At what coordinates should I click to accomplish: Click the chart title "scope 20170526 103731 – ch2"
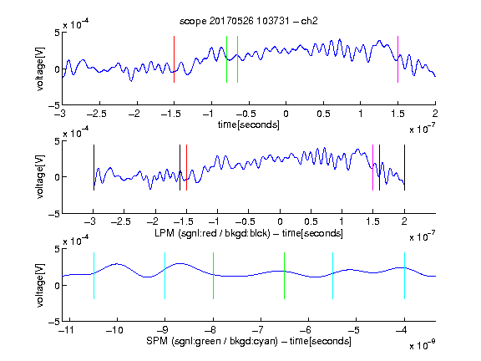pyautogui.click(x=248, y=21)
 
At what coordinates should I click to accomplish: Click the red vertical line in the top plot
pyautogui.click(x=174, y=59)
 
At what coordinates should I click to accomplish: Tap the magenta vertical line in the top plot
pyautogui.click(x=397, y=59)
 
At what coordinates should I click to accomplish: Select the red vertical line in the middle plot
pyautogui.click(x=186, y=168)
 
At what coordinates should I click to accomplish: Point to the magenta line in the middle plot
pyautogui.click(x=372, y=168)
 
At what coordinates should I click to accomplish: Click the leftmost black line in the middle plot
pyautogui.click(x=94, y=168)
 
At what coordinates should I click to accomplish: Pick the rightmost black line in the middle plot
pyautogui.click(x=404, y=168)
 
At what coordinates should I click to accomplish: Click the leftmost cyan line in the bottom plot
pyautogui.click(x=94, y=276)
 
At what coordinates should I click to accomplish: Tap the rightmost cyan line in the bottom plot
pyautogui.click(x=404, y=276)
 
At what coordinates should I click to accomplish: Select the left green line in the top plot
pyautogui.click(x=226, y=59)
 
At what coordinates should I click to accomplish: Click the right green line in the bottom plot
pyautogui.click(x=285, y=276)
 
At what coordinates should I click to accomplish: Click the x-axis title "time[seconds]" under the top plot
pyautogui.click(x=249, y=125)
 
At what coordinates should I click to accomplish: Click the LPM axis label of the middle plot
pyautogui.click(x=249, y=233)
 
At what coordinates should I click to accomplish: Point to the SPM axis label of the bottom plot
pyautogui.click(x=249, y=341)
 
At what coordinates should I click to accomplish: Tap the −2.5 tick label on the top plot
pyautogui.click(x=96, y=114)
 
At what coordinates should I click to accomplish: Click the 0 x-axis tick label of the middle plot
pyautogui.click(x=280, y=221)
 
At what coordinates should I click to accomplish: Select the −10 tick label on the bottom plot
pyautogui.click(x=114, y=330)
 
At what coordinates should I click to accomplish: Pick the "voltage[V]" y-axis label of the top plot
pyautogui.click(x=40, y=69)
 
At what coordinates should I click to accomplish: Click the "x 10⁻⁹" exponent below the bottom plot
pyautogui.click(x=422, y=345)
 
